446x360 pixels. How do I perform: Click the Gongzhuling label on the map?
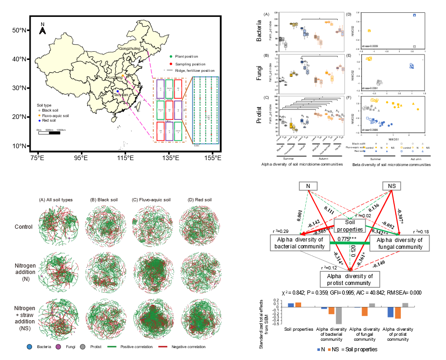(x=129, y=48)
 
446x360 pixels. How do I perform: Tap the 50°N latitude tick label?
(x=19, y=30)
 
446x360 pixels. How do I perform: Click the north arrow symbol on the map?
(x=42, y=30)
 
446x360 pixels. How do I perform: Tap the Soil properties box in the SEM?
(x=350, y=226)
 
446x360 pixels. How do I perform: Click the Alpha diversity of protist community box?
(x=350, y=279)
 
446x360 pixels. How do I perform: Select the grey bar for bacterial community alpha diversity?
(x=339, y=316)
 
